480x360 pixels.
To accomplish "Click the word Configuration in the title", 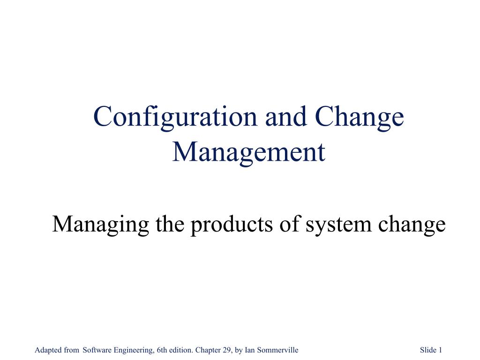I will [176, 117].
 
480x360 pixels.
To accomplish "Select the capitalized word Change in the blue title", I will [359, 117].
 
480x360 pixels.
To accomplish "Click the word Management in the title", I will [248, 152].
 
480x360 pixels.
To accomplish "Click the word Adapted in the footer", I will [47, 350].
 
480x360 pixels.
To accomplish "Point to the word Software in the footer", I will [96, 350].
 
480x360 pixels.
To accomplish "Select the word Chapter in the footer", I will [207, 350].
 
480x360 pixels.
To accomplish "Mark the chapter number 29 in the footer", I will [227, 350].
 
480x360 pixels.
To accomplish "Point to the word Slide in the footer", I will [428, 350].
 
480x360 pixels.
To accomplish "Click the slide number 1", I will [441, 350].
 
